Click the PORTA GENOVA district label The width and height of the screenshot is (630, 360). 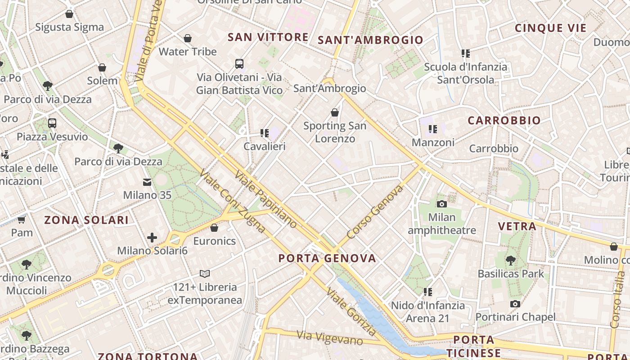(x=327, y=258)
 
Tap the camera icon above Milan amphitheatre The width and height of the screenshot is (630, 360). (x=442, y=204)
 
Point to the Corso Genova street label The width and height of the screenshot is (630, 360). (x=375, y=212)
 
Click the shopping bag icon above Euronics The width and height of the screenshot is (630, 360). (x=214, y=228)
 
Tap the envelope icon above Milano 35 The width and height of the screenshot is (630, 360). (x=147, y=182)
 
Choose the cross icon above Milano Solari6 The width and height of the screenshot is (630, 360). (x=152, y=237)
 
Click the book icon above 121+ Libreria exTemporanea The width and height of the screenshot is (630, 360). (x=205, y=274)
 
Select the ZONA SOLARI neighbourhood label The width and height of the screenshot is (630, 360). (x=86, y=220)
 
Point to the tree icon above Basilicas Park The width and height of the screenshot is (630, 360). (x=511, y=260)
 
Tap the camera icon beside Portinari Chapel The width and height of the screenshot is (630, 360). (x=515, y=304)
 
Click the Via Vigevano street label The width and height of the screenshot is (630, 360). (x=330, y=337)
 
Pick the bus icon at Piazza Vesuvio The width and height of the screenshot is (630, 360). (x=52, y=123)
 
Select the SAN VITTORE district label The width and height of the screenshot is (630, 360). (x=268, y=37)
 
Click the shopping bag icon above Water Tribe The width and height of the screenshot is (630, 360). (x=188, y=38)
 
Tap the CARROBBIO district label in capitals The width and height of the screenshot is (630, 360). (x=504, y=121)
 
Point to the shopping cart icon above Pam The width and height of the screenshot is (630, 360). (x=21, y=220)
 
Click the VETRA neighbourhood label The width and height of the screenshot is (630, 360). (x=517, y=226)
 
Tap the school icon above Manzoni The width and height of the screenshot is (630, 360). (x=433, y=129)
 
